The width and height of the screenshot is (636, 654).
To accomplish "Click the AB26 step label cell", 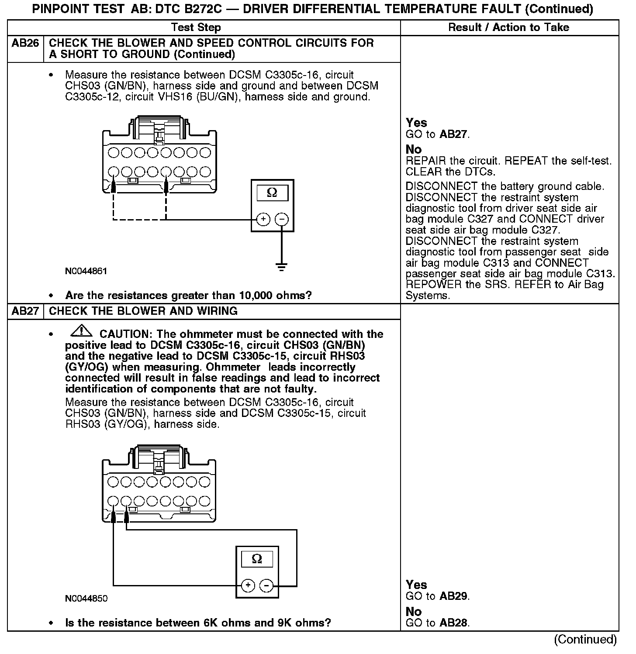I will click(25, 44).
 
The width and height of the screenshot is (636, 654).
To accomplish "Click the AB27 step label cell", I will click(25, 311).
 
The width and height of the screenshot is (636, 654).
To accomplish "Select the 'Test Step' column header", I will click(196, 28).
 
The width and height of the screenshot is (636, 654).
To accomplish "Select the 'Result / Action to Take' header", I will click(509, 28).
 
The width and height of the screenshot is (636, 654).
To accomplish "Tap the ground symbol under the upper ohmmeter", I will click(282, 267).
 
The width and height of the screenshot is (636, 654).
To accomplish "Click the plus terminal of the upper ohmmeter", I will click(263, 219).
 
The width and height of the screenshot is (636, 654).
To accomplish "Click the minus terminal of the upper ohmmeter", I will click(283, 219).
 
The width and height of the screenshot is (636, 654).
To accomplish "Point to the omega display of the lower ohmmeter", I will click(257, 559).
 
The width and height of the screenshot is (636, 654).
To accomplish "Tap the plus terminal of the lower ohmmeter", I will click(248, 585).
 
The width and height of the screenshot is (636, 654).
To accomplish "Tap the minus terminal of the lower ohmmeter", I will click(267, 585).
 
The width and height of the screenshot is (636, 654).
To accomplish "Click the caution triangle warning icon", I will click(81, 331).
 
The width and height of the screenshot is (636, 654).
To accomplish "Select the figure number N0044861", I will click(86, 271).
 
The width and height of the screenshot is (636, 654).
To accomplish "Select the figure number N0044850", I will click(86, 599).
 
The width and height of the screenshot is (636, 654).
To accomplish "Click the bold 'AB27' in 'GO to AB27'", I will click(454, 134).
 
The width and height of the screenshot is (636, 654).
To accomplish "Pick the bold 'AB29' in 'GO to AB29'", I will click(454, 596).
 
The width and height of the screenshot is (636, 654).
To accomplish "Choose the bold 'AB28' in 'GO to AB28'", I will click(454, 623).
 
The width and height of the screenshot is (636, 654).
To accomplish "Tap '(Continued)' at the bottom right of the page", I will click(585, 640).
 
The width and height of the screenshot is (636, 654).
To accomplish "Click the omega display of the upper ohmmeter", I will click(272, 193).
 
